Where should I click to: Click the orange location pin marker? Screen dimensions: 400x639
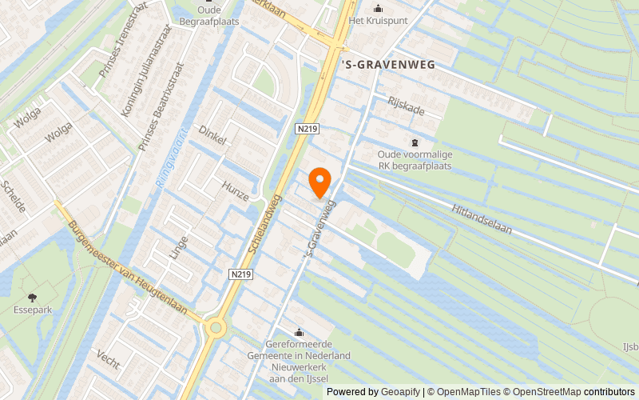[x=319, y=182]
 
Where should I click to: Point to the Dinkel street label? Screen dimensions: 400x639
[x=213, y=134]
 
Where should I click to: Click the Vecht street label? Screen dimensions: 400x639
[x=107, y=359]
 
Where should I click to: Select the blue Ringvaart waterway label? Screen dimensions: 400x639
[x=170, y=157]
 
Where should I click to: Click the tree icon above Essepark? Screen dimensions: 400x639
[x=32, y=297]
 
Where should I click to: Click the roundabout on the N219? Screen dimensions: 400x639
[x=214, y=326]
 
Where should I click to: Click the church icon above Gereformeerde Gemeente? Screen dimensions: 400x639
[x=300, y=332]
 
